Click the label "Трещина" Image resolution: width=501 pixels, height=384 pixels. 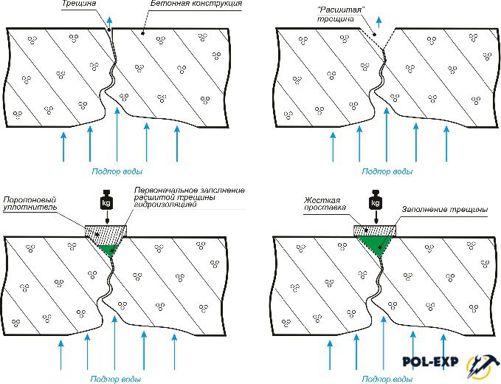tap(79, 4)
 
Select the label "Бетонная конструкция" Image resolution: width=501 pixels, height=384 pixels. tap(196, 4)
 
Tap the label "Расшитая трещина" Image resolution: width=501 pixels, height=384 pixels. tap(340, 14)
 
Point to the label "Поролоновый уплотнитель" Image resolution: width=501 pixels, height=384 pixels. tap(30, 204)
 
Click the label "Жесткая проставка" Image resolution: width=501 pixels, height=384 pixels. tap(325, 204)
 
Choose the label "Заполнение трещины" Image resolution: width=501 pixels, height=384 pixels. tap(445, 210)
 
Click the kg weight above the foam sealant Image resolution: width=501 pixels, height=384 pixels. tap(107, 200)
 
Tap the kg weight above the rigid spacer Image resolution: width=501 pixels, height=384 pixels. tap(376, 200)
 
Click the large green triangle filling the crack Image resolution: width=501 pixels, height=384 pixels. tap(376, 244)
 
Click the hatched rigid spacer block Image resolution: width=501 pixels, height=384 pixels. tap(375, 230)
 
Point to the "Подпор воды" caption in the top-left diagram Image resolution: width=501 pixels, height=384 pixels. tap(117, 172)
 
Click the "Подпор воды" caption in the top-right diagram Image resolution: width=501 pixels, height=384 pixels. tap(387, 172)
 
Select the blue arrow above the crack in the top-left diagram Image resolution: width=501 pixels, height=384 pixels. tap(110, 21)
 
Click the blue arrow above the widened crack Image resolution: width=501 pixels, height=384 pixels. tap(379, 21)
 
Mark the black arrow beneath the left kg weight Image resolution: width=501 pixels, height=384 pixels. tap(108, 217)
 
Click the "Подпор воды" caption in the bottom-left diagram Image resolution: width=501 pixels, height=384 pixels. tap(116, 380)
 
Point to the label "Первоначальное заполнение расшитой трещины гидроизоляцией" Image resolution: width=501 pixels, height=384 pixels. tap(189, 197)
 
